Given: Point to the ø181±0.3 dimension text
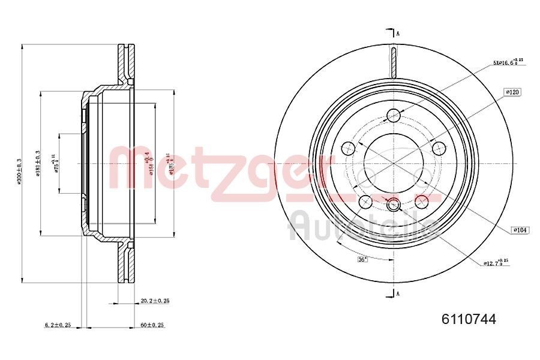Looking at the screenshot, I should click(x=37, y=163).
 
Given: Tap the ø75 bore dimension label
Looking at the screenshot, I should click(x=56, y=163).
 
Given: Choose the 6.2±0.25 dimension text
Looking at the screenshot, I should click(x=58, y=325).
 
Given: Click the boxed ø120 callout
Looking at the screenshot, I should click(x=512, y=92).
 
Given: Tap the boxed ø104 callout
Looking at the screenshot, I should click(x=519, y=230).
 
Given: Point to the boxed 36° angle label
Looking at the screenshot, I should click(x=362, y=259).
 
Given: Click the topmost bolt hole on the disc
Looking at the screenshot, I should click(x=394, y=115).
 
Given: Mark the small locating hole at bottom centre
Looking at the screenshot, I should click(x=394, y=205).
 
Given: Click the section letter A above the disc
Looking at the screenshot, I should click(x=398, y=33).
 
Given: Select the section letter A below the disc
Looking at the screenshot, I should click(x=398, y=293).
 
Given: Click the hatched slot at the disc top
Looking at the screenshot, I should click(x=394, y=62).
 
